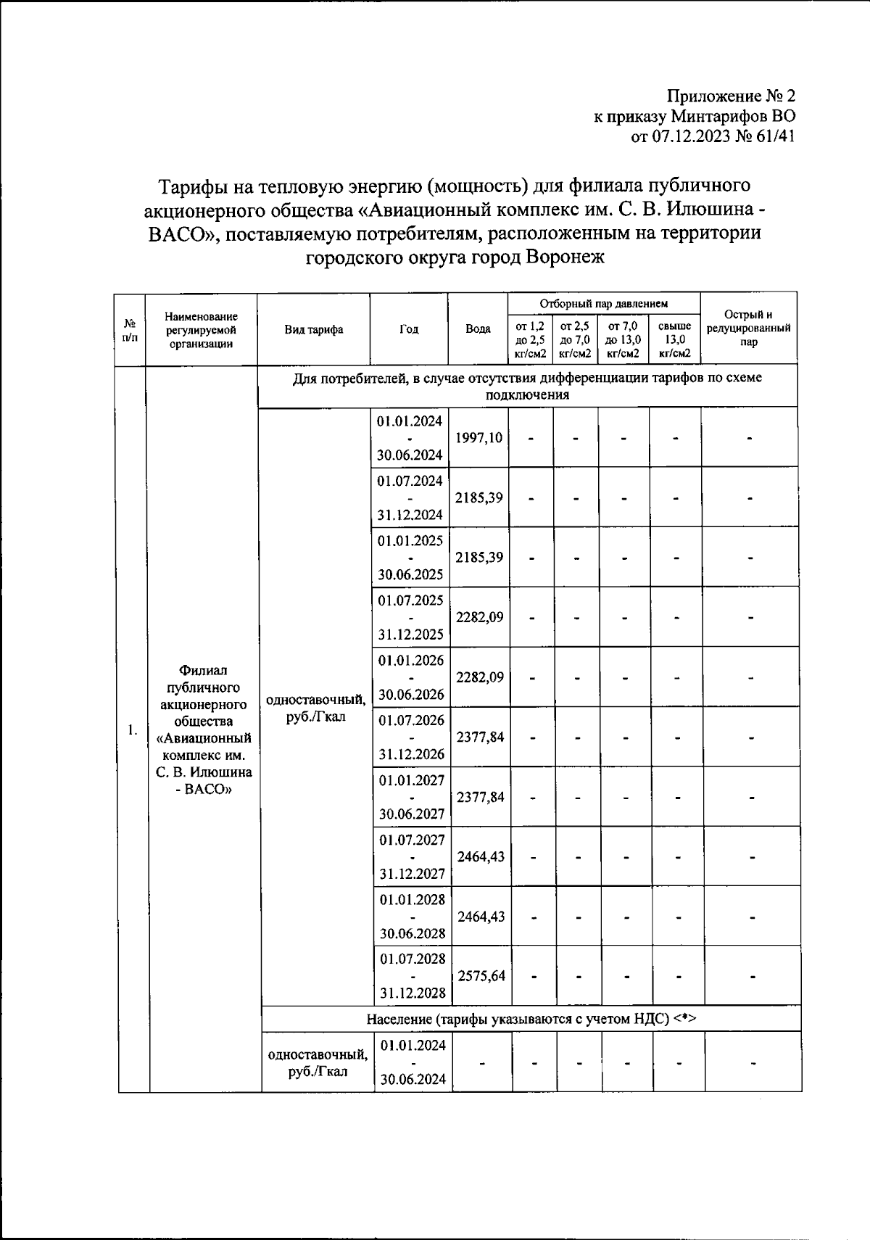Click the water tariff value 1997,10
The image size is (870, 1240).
coord(478,438)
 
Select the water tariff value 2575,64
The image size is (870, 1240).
coord(481,976)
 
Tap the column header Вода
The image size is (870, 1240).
coord(478,329)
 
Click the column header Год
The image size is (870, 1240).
coord(409,329)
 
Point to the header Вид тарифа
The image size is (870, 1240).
coord(313,329)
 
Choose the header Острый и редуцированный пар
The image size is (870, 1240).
coord(748,328)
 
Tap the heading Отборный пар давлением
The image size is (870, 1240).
coord(604,303)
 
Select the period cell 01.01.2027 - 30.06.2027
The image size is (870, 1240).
coord(411,797)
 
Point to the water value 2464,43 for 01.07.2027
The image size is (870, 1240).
coord(481,856)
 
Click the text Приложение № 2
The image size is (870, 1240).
coord(731,96)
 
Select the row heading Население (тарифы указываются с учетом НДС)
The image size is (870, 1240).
coord(531,1019)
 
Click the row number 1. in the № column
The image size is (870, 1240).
coord(132,729)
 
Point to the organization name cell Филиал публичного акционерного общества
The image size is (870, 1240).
coord(204,729)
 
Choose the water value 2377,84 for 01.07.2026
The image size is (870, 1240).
coord(481,737)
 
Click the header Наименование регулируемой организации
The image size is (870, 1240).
coord(201,330)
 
